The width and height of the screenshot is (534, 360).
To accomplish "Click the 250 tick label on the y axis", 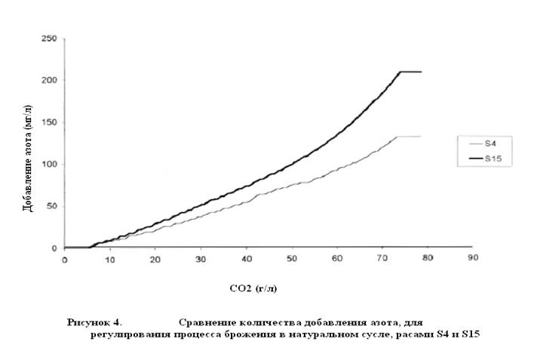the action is [x=49, y=38].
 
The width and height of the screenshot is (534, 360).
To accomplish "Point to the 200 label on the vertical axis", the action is [x=49, y=80].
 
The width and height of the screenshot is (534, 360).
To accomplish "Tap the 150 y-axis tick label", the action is [x=49, y=122].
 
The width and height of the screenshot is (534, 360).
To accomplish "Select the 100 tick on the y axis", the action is [x=49, y=165].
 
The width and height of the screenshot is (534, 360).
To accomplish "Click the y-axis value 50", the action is [x=51, y=207].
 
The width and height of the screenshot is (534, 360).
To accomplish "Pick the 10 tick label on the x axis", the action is [x=109, y=260].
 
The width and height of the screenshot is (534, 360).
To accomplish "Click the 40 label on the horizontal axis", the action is [x=247, y=259].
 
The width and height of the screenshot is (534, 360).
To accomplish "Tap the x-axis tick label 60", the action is [x=337, y=258].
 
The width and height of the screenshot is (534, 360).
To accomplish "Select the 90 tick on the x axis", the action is [x=473, y=257].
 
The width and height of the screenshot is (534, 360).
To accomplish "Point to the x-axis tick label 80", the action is [x=428, y=257].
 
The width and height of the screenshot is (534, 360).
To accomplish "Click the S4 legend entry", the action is [x=483, y=143].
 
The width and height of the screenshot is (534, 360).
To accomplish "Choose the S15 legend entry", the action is [x=485, y=158].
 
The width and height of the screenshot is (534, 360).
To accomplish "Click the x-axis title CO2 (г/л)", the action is [x=253, y=288].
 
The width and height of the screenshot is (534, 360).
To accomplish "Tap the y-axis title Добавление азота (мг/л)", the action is [x=28, y=158].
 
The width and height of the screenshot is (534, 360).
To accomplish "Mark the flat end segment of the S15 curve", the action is [x=411, y=72].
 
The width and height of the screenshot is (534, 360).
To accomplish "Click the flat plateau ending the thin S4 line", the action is [x=409, y=137].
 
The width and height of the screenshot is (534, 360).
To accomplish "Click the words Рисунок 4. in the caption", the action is [x=95, y=322].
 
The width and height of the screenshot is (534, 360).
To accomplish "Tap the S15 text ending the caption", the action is [x=471, y=334].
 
